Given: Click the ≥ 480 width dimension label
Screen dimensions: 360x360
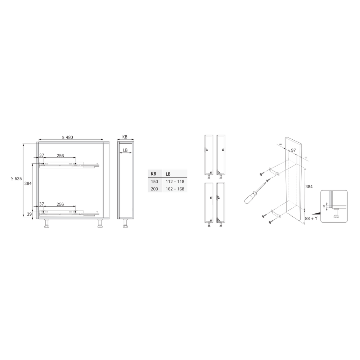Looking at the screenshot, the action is pos(68,137).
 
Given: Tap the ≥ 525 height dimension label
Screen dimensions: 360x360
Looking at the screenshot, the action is pos(16,179).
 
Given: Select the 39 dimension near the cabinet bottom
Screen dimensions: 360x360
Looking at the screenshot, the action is pos(29,214).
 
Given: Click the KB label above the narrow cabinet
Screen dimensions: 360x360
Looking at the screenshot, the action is pos(125,137).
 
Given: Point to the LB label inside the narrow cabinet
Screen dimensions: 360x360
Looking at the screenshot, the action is pos(125,150).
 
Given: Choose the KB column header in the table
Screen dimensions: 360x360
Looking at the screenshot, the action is pos(153,174).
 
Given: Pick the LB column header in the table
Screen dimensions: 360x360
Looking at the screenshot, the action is pos(168,174).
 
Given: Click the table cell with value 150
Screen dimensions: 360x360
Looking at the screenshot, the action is pos(154,181).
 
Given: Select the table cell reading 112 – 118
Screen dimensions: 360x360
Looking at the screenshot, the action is pos(175,181).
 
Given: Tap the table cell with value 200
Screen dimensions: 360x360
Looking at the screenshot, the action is pos(154,189).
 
